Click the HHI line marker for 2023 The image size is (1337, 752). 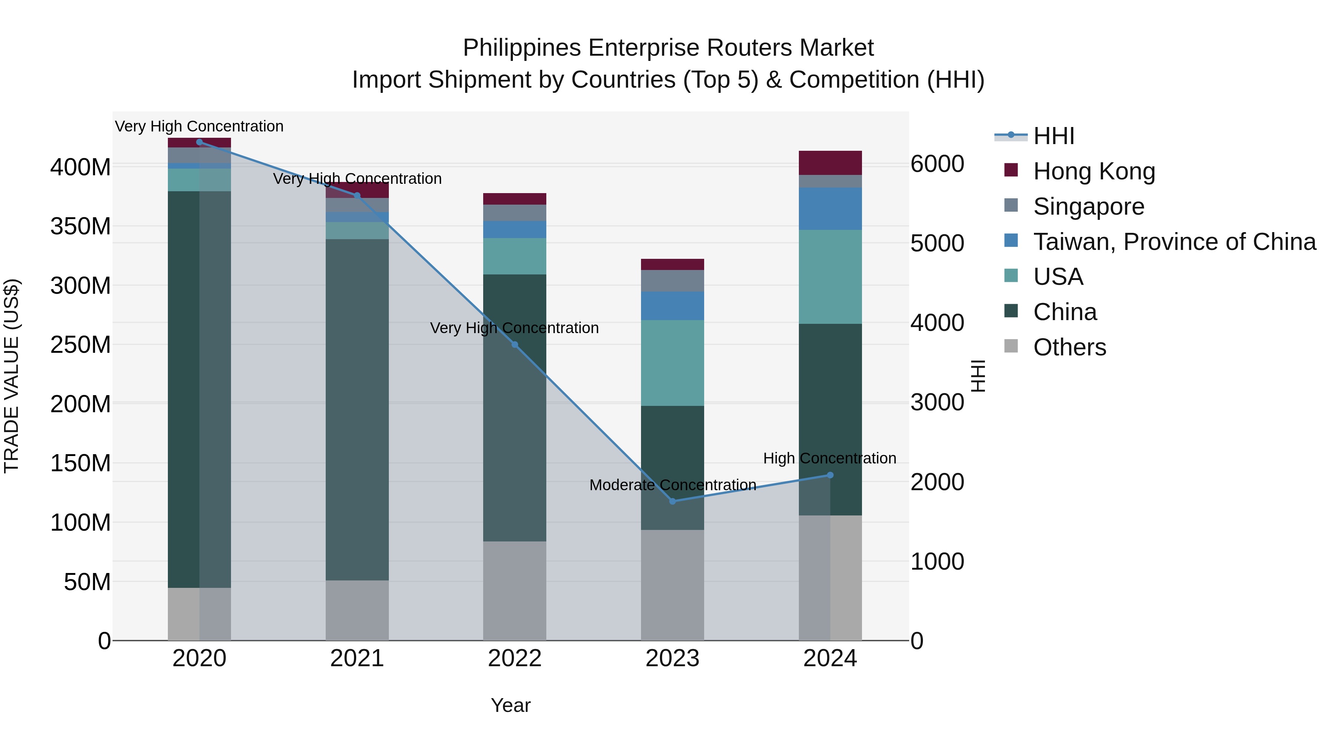pyautogui.click(x=672, y=501)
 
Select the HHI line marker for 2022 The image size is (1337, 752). pyautogui.click(x=514, y=345)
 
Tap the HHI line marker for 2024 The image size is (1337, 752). pyautogui.click(x=830, y=475)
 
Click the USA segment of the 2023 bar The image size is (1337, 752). pyautogui.click(x=672, y=363)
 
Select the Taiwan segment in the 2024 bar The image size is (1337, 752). pyautogui.click(x=830, y=209)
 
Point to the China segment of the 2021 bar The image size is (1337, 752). pyautogui.click(x=357, y=410)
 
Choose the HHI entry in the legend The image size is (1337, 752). pyautogui.click(x=1053, y=136)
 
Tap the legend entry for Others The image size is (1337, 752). pyautogui.click(x=1069, y=347)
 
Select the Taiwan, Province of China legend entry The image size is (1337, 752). pyautogui.click(x=1174, y=242)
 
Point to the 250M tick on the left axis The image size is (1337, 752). pyautogui.click(x=81, y=345)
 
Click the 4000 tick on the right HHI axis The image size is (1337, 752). pyautogui.click(x=937, y=323)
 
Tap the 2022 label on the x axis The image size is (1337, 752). pyautogui.click(x=514, y=658)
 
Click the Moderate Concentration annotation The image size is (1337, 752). pyautogui.click(x=673, y=485)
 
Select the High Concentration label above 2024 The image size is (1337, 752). pyautogui.click(x=829, y=458)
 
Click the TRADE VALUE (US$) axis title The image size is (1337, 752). pyautogui.click(x=12, y=376)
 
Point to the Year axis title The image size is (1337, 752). pyautogui.click(x=511, y=705)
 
